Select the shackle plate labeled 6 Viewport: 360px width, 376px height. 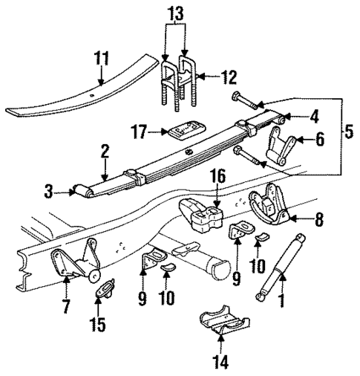click(x=283, y=142)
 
